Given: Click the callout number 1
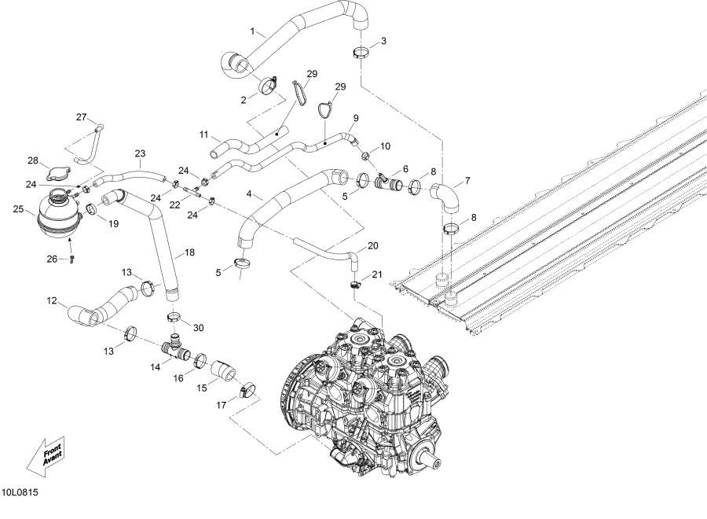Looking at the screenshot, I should click(x=252, y=32).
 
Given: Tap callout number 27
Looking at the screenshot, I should click(x=81, y=117).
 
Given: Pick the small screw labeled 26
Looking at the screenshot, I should click(x=71, y=258).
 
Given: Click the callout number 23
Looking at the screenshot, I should click(x=141, y=153).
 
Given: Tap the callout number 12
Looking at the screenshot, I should click(x=52, y=300).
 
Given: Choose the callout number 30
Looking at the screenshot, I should click(x=198, y=327).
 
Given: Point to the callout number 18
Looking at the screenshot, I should click(x=189, y=253).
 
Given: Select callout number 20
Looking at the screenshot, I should click(x=372, y=245).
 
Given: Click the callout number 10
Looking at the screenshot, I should click(x=385, y=146).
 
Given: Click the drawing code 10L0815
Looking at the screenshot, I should click(x=21, y=493).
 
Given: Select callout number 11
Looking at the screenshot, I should click(x=203, y=134).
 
